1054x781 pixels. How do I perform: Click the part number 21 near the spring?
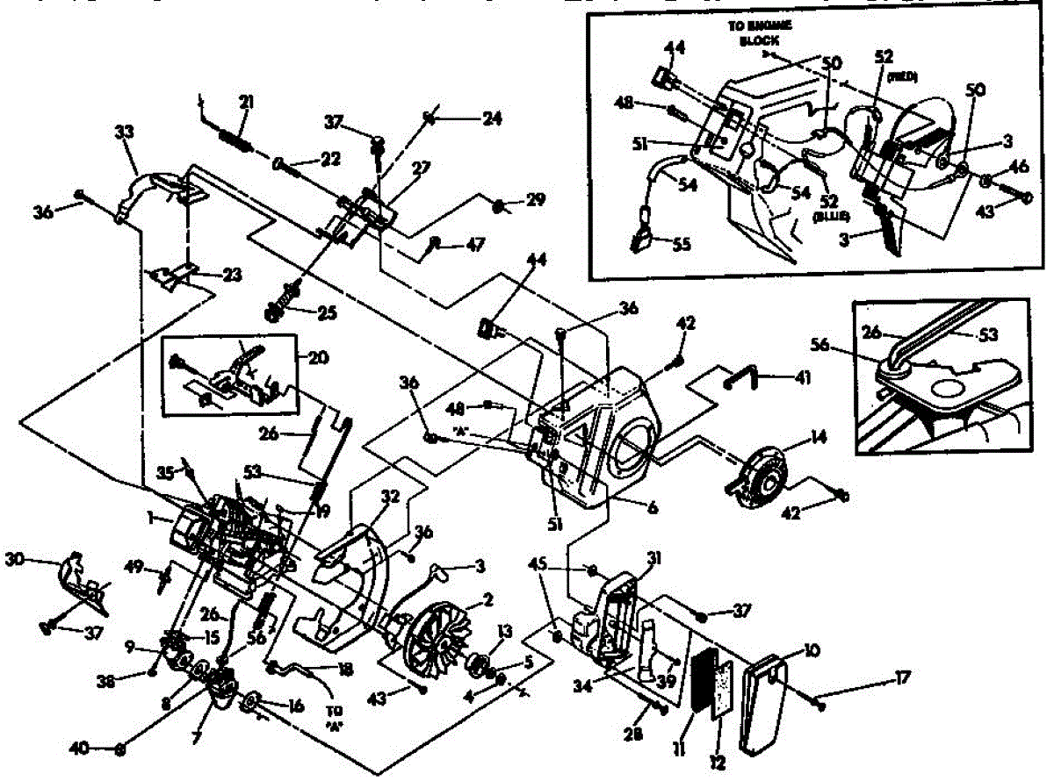click(247, 104)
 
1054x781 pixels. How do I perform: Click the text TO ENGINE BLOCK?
click(759, 32)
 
